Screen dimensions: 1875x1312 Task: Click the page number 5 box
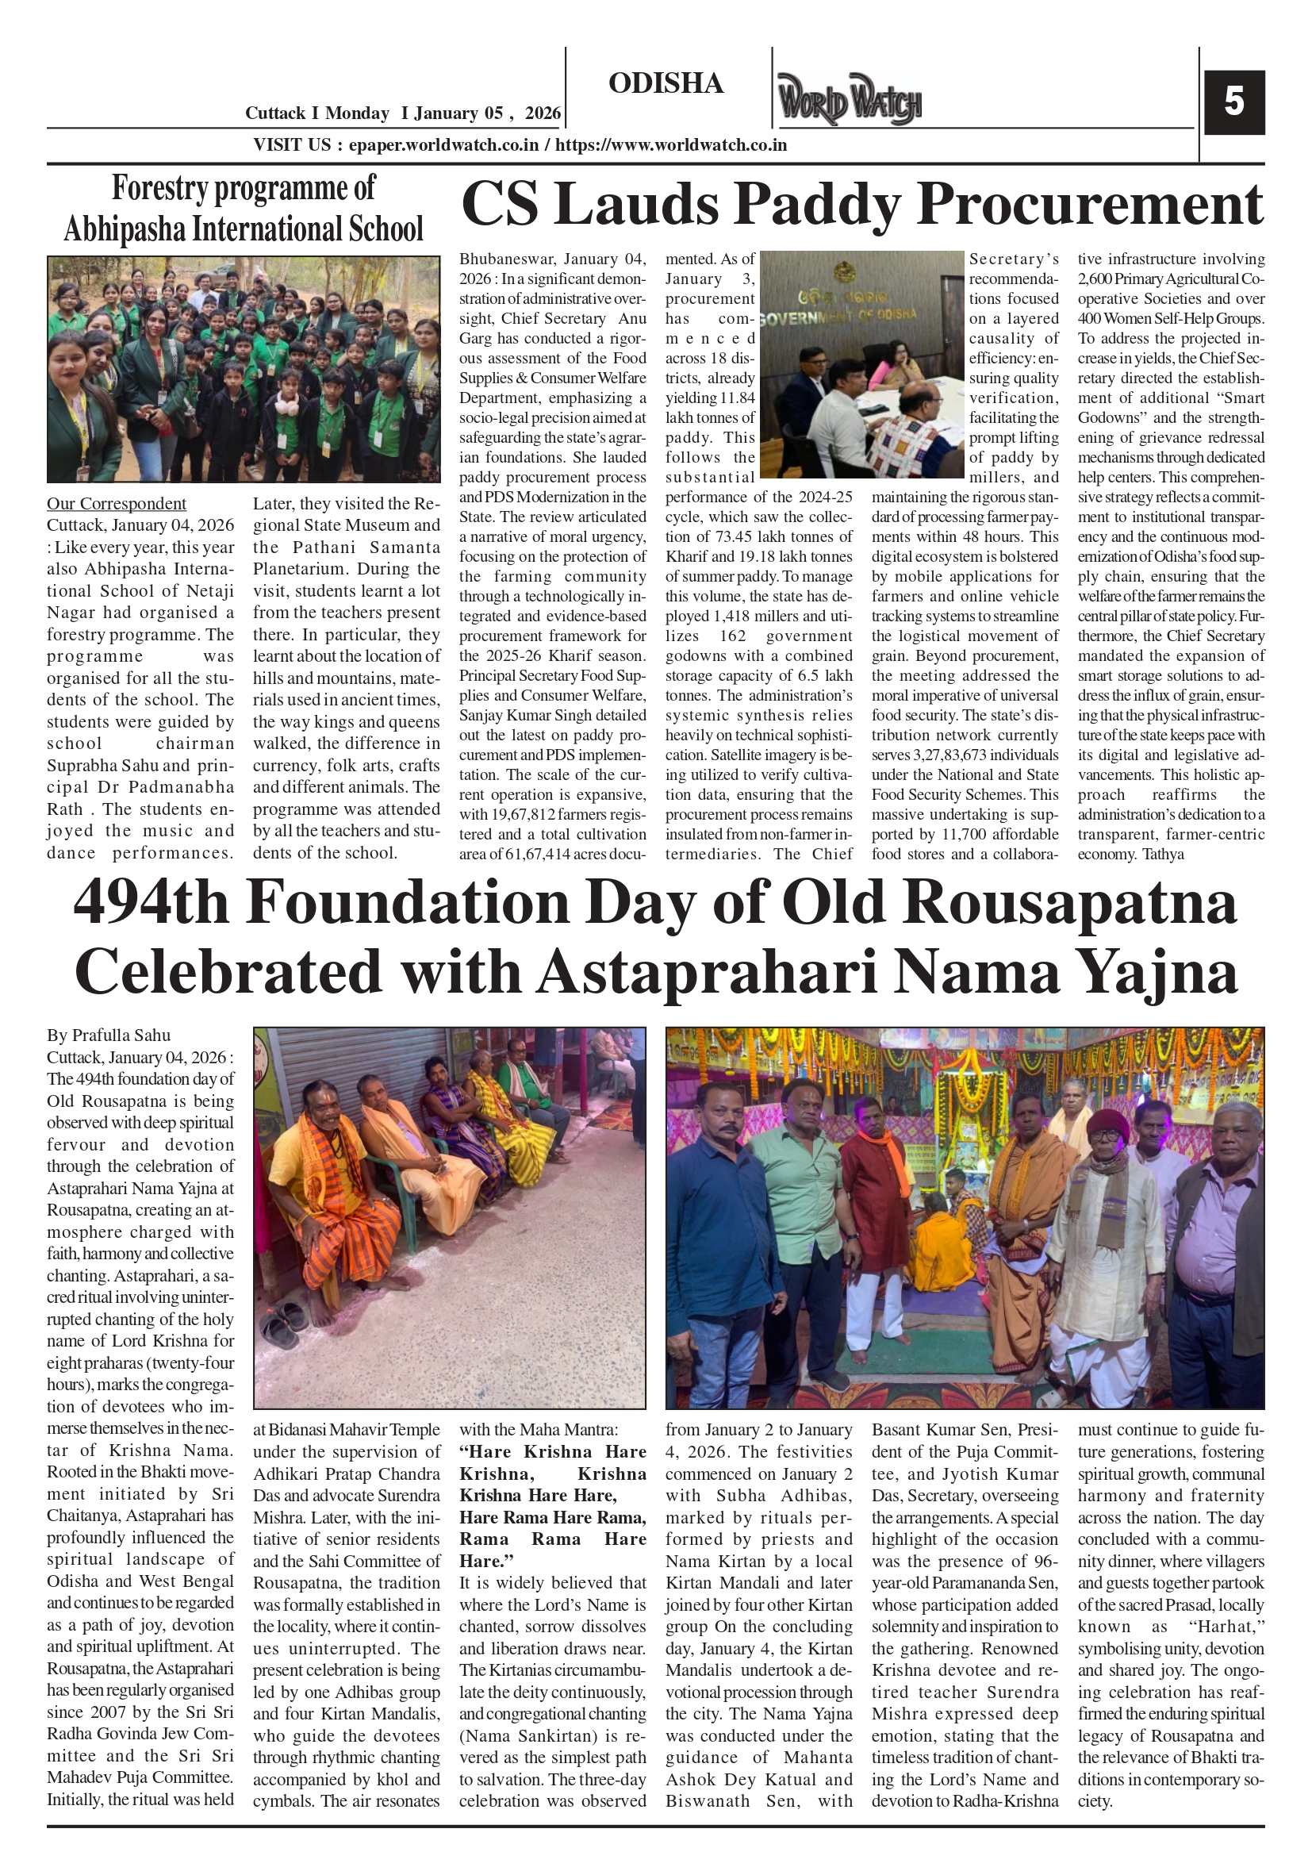[1233, 102]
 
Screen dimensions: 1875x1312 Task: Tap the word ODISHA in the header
[666, 83]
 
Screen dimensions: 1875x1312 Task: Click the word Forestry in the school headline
[160, 189]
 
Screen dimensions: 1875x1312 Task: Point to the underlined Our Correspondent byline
[116, 504]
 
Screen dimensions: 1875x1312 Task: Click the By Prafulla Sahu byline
[109, 1035]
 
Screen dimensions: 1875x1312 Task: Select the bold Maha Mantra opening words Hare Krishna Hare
[552, 1452]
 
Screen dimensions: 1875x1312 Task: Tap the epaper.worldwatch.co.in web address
[443, 145]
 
